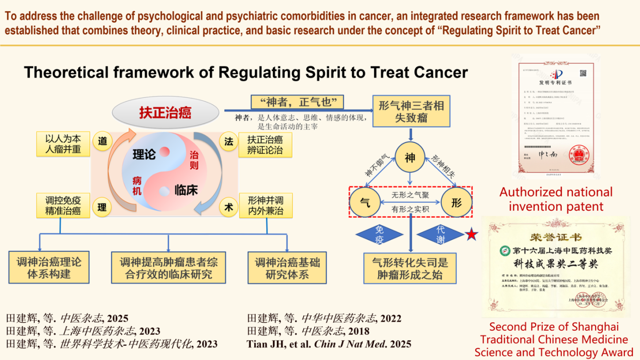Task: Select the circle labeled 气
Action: [x=366, y=203]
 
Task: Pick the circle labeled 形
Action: [x=456, y=203]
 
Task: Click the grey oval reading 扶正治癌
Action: [x=166, y=112]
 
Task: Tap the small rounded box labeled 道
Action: [x=102, y=142]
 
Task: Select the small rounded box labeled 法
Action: [x=228, y=142]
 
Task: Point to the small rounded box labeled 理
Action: [x=102, y=207]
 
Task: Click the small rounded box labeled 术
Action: [x=228, y=207]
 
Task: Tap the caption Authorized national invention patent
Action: [x=556, y=199]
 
